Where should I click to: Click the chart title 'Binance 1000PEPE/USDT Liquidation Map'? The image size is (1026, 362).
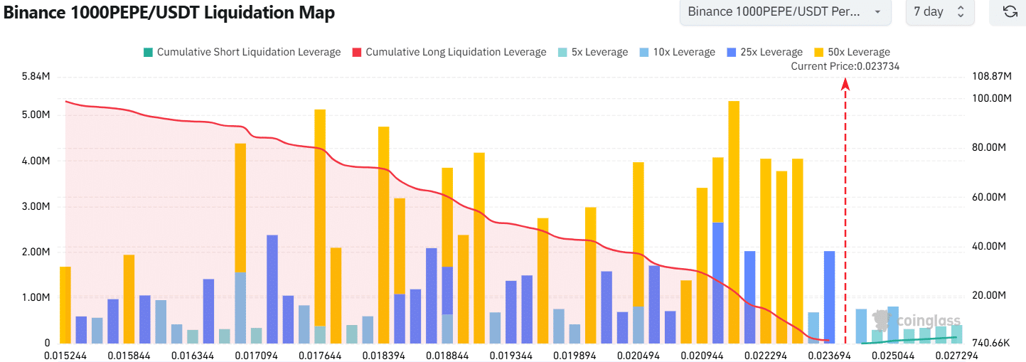(x=169, y=12)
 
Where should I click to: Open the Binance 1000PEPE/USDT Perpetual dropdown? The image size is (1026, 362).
(x=785, y=12)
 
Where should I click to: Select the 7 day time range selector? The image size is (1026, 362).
(x=939, y=12)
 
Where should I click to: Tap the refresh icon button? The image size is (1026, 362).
(x=1009, y=12)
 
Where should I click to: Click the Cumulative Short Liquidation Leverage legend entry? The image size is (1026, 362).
(x=242, y=52)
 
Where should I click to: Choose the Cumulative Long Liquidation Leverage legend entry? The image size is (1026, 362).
(x=449, y=52)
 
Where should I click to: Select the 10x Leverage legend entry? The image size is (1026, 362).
(x=678, y=52)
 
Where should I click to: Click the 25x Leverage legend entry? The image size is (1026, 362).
(x=765, y=52)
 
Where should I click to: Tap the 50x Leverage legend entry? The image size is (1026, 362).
(x=852, y=52)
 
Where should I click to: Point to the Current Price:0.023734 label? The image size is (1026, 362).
(x=845, y=66)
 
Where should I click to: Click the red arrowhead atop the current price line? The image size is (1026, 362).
(x=845, y=84)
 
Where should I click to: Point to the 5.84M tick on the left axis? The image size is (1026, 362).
(x=36, y=75)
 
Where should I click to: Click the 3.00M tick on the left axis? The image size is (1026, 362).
(x=36, y=207)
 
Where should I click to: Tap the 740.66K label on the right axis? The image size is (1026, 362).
(x=990, y=344)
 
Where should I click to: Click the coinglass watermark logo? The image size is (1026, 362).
(x=917, y=320)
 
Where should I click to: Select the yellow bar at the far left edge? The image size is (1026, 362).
(x=65, y=305)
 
